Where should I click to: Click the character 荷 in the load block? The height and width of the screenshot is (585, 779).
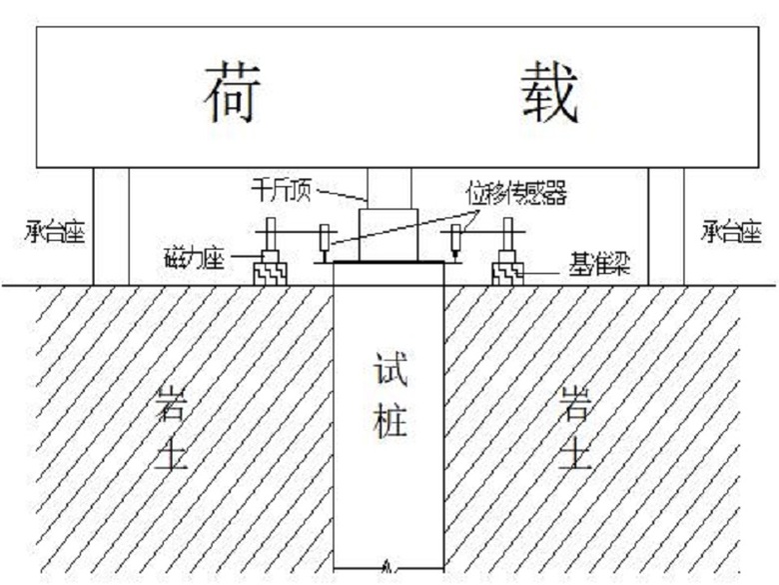(233, 93)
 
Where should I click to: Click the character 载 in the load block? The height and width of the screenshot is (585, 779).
(550, 93)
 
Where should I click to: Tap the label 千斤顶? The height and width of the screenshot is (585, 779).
(282, 190)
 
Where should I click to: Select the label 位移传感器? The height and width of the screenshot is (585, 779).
(516, 193)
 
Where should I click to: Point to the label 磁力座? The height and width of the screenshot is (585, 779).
(195, 258)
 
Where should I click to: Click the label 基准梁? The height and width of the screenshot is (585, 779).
(599, 264)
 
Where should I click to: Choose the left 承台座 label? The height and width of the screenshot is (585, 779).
(55, 232)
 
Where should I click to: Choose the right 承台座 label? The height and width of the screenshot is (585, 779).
(731, 232)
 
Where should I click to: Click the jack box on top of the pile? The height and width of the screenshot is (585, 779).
(389, 235)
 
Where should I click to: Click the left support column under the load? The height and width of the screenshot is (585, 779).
(111, 226)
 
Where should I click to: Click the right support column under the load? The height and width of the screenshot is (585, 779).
(666, 226)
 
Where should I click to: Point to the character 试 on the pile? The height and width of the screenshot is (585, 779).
(390, 369)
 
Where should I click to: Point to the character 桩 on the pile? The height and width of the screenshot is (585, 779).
(390, 421)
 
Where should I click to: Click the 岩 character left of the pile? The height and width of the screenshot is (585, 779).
(172, 404)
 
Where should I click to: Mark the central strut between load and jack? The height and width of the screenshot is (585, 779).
(389, 188)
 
